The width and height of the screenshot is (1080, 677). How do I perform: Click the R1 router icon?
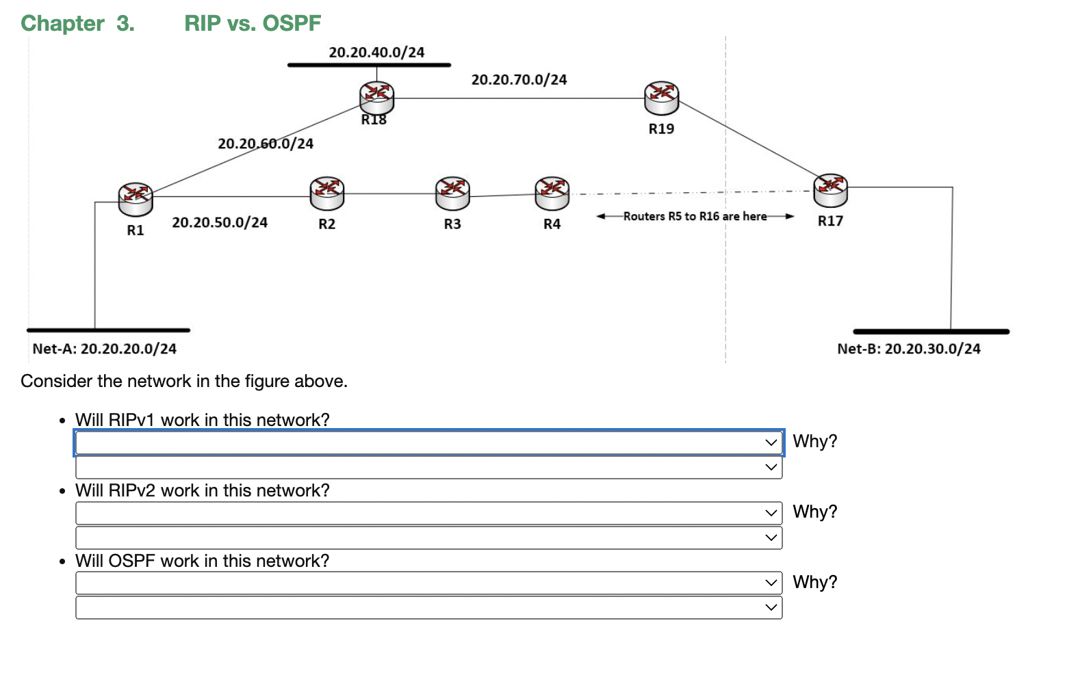pos(135,199)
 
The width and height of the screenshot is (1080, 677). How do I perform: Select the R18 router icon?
pos(376,98)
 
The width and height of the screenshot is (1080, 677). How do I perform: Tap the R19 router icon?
pos(661,98)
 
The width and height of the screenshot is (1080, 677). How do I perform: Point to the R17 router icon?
pos(830,190)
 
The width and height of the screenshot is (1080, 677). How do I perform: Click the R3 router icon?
pos(452,194)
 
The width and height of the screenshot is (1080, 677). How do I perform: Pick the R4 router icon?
pos(552,194)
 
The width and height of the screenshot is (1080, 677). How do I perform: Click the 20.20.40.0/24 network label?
pos(376,52)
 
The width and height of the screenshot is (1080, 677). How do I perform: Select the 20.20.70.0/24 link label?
pos(519,79)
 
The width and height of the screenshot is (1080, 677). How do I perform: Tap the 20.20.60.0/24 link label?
pos(266,144)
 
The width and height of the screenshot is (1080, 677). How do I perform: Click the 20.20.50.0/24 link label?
pos(220,222)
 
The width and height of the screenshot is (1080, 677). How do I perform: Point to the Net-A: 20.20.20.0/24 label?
pos(104,349)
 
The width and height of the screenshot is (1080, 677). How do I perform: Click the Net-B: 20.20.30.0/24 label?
pos(908,349)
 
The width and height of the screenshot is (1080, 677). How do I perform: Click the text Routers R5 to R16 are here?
pos(695,216)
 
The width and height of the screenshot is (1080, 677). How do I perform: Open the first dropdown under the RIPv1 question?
pos(428,442)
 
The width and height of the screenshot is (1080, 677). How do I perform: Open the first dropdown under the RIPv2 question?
pos(428,513)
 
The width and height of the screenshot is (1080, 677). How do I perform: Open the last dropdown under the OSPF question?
pos(428,607)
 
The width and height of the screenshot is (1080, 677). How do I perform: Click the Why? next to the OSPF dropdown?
pos(814,582)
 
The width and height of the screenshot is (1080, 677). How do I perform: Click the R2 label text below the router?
pos(326,224)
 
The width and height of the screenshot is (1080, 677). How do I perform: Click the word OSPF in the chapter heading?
pos(292,23)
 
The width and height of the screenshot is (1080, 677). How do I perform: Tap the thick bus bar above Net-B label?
pos(931,332)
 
